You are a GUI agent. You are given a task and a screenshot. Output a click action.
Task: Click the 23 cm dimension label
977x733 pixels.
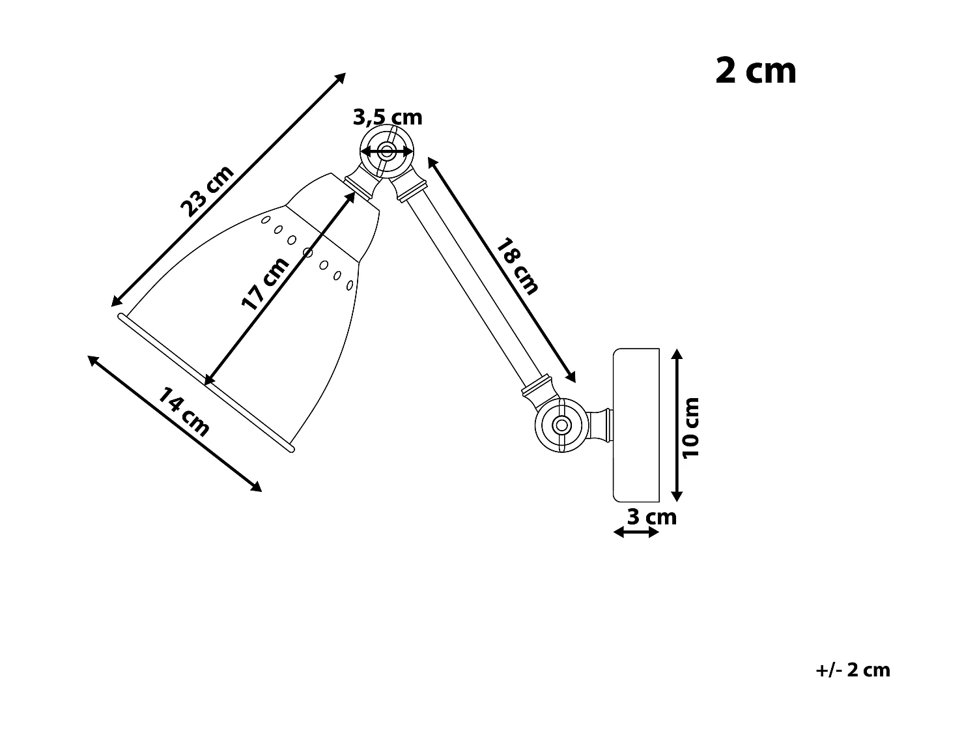206,191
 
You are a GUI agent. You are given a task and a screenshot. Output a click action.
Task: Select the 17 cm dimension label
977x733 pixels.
264,283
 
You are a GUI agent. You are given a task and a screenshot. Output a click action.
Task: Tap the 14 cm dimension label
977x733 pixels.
184,412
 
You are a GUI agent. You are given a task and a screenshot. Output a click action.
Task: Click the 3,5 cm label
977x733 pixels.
388,117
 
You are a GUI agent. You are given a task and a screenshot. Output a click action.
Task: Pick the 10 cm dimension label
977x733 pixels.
691,427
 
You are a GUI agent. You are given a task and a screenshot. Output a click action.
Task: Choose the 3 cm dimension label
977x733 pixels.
651,517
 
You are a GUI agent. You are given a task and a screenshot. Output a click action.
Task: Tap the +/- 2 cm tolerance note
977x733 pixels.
853,670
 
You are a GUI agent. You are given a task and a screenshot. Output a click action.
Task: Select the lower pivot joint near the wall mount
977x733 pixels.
559,425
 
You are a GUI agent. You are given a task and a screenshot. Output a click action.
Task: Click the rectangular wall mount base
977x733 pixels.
636,425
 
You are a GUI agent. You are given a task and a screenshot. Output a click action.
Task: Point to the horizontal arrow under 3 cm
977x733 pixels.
636,532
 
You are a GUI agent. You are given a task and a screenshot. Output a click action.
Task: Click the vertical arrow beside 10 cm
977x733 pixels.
677,425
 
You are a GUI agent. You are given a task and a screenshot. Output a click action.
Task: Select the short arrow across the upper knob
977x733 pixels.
387,152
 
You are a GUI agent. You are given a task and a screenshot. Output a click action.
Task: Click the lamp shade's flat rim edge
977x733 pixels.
206,382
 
